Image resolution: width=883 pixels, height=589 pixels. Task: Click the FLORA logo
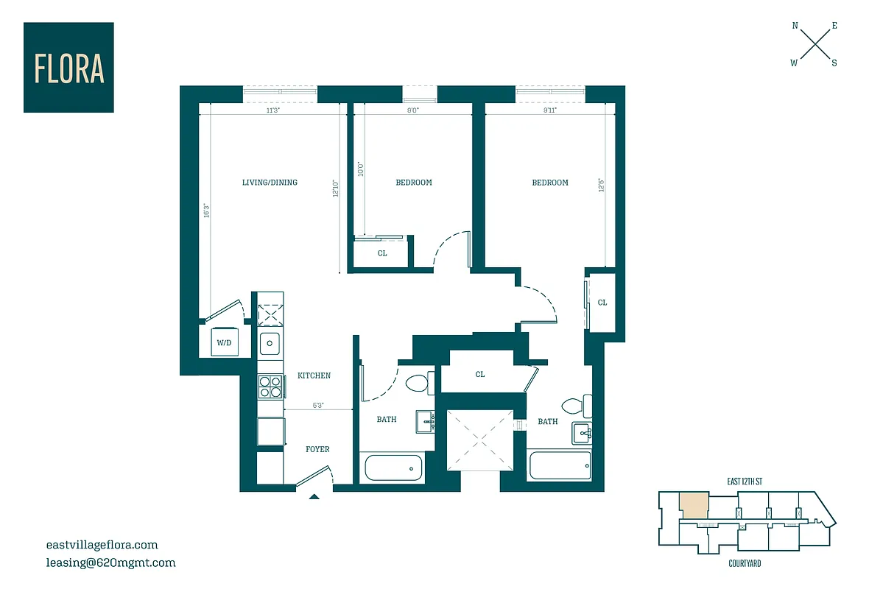[x=68, y=67]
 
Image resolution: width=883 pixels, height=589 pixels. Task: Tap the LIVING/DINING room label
[x=270, y=183]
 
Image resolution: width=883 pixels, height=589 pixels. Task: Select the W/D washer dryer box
[x=222, y=342]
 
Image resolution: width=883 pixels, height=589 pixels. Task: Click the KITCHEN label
[x=314, y=375]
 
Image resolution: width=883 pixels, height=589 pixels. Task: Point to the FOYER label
[x=317, y=449]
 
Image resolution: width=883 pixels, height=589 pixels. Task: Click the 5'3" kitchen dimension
[x=319, y=405]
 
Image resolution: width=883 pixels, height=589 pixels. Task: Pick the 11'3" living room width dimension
[x=272, y=110]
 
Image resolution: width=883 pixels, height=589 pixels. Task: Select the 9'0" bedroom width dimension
[x=412, y=110]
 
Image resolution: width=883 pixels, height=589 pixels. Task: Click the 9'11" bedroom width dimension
[x=549, y=110]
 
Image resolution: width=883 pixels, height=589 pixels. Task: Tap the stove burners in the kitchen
[x=270, y=386]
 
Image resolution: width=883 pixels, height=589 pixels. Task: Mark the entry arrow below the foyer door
[x=314, y=497]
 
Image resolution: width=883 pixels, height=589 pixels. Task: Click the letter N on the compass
[x=795, y=26]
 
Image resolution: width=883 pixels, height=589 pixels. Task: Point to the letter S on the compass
[x=834, y=63]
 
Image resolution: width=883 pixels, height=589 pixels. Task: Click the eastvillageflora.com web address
[x=102, y=546]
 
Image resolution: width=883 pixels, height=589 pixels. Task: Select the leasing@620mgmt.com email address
[x=110, y=563]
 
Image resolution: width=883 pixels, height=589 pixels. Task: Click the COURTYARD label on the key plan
[x=739, y=564]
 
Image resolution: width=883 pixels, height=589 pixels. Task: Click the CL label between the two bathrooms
[x=479, y=375]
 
